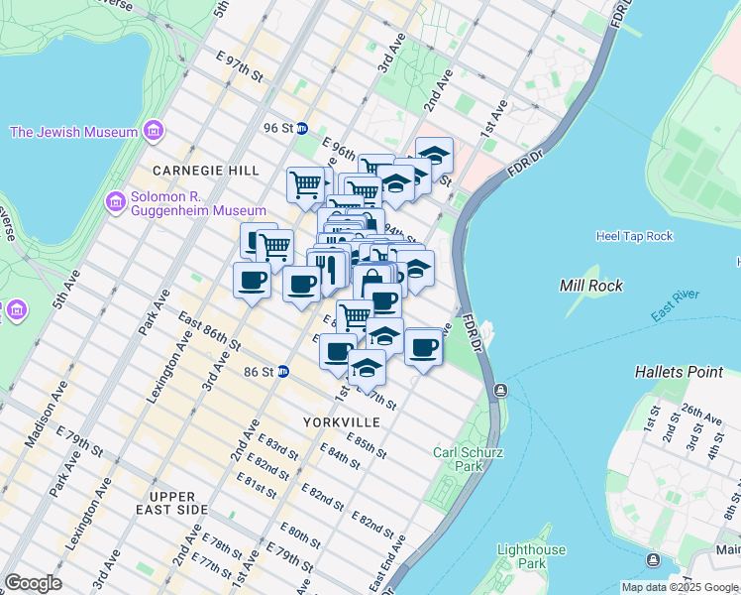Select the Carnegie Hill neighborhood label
(191, 171)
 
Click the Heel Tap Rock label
(634, 236)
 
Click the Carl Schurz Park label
(469, 459)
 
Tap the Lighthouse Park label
(531, 556)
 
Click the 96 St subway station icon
(302, 128)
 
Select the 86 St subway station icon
(282, 372)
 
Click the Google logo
(33, 582)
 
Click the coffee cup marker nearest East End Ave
(424, 348)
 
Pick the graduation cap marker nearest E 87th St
(367, 369)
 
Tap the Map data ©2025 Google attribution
(680, 587)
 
